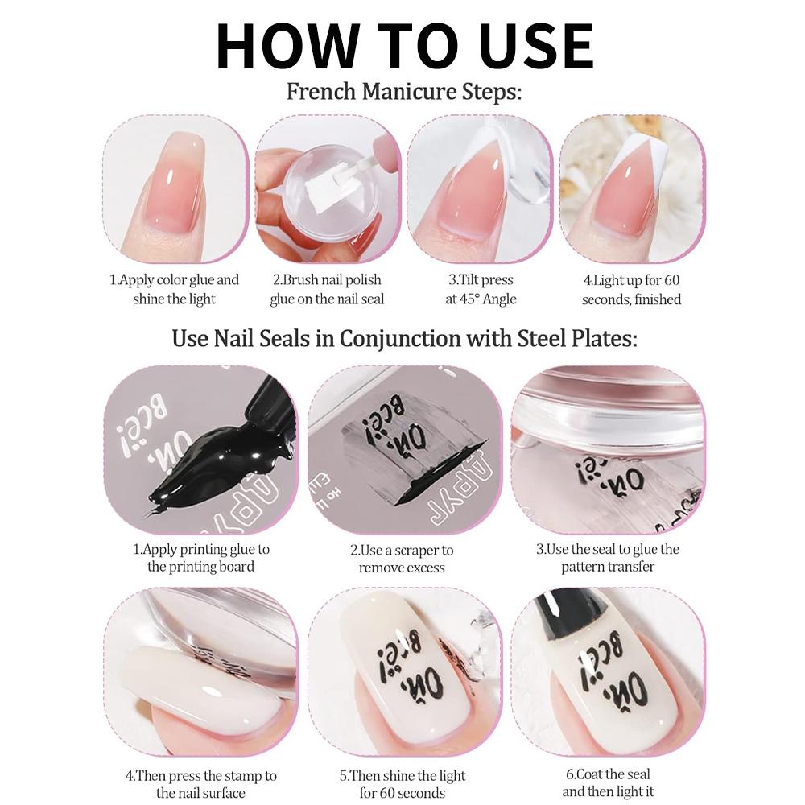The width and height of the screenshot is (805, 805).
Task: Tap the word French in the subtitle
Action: tap(321, 92)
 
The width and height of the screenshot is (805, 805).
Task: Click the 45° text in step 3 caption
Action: tap(467, 299)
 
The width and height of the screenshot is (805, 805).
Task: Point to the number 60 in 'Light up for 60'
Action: tap(671, 280)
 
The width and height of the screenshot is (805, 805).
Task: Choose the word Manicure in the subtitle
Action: tap(409, 92)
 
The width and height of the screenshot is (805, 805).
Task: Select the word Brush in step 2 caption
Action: tap(301, 280)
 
